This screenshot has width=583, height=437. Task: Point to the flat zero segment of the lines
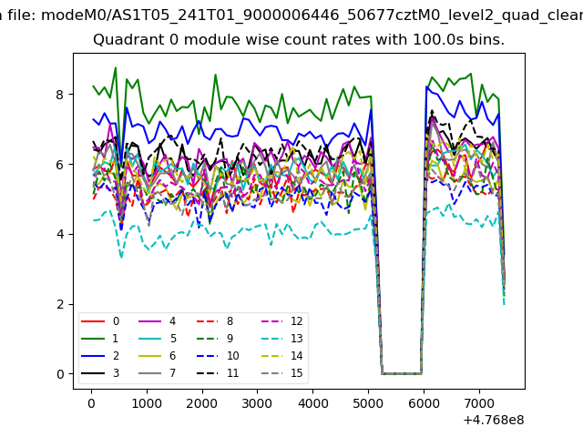(401, 373)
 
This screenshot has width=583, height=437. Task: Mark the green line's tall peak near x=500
(116, 67)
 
